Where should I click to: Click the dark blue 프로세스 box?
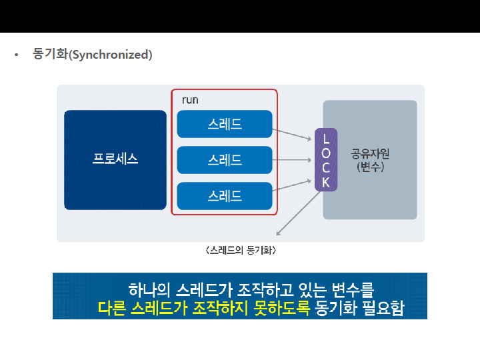pyautogui.click(x=115, y=159)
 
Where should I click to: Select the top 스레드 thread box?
pyautogui.click(x=225, y=124)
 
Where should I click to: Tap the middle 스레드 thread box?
pyautogui.click(x=225, y=160)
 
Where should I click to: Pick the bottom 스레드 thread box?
pyautogui.click(x=225, y=196)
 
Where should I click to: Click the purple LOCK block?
pyautogui.click(x=326, y=160)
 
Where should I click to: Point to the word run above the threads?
pyautogui.click(x=190, y=99)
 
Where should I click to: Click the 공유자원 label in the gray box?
pyautogui.click(x=370, y=153)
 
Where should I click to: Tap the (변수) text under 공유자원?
pyautogui.click(x=370, y=167)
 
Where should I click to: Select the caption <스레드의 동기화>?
pyautogui.click(x=241, y=251)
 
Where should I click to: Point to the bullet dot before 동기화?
pyautogui.click(x=17, y=55)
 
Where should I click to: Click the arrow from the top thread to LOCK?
pyautogui.click(x=293, y=133)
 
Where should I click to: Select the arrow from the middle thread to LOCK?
pyautogui.click(x=293, y=160)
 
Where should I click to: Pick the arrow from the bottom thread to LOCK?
pyautogui.click(x=293, y=185)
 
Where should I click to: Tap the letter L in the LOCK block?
pyautogui.click(x=326, y=139)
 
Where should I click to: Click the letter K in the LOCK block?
pyautogui.click(x=326, y=181)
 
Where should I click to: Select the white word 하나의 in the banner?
pyautogui.click(x=149, y=290)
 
